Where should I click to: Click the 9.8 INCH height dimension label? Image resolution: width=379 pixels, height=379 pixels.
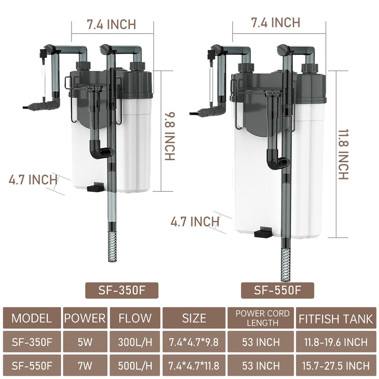tap(170, 136)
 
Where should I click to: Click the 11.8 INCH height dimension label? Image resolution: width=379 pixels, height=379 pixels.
tap(343, 154)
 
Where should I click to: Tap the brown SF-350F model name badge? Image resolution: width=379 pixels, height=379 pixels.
tap(122, 290)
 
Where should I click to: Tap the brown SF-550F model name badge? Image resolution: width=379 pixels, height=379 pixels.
tap(278, 290)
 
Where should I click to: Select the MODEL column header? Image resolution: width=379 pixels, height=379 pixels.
tap(32, 318)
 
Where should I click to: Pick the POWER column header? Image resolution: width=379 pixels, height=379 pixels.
tap(85, 318)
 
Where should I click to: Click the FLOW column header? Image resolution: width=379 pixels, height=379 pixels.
tap(135, 318)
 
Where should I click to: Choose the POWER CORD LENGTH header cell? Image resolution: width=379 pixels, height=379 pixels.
tap(262, 318)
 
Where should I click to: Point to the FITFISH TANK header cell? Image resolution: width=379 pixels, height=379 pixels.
tap(336, 318)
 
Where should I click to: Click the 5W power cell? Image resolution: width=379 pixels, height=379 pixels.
tap(85, 342)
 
